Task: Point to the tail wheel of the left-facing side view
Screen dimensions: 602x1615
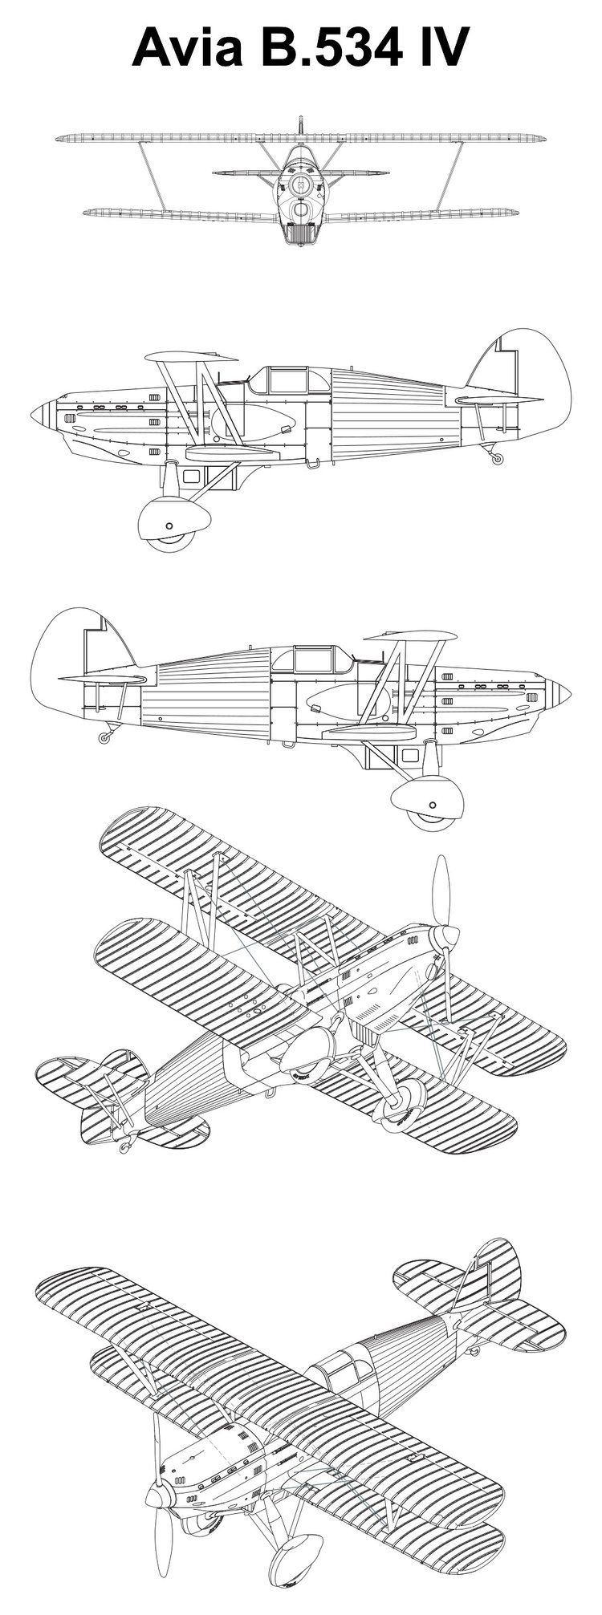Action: pyautogui.click(x=498, y=459)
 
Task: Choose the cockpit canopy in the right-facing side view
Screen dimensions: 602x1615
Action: pyautogui.click(x=312, y=659)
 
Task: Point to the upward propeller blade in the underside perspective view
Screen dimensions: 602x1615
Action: pyautogui.click(x=439, y=891)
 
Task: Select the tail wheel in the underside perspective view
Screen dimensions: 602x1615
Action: pyautogui.click(x=124, y=1148)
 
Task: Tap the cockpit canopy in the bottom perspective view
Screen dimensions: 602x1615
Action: pyautogui.click(x=344, y=1367)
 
